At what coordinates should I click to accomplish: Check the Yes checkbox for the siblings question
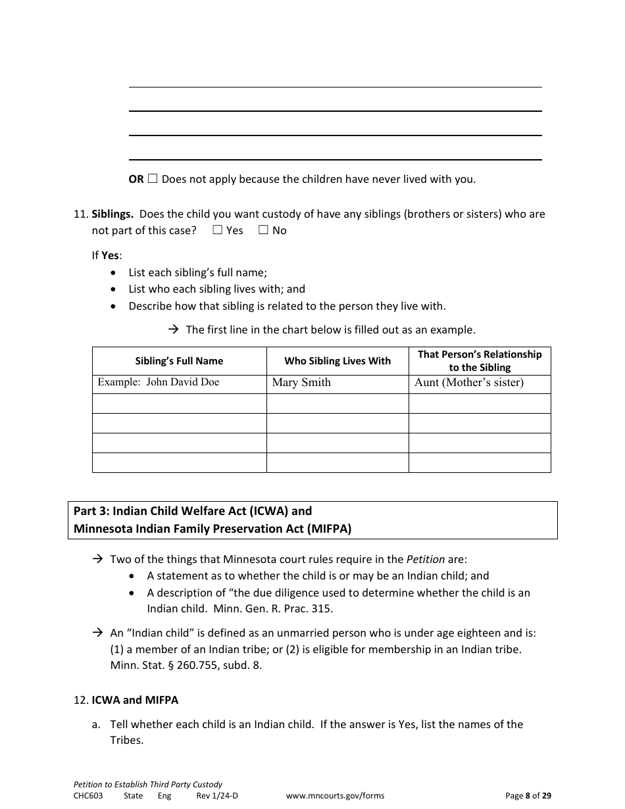coord(218,230)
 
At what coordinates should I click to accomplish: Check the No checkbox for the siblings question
coord(264,230)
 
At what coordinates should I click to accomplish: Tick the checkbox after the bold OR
coord(153,178)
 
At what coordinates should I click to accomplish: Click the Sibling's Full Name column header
coord(179,361)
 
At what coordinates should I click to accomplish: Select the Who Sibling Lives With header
coord(337,361)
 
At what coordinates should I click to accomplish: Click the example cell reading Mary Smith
coord(301,383)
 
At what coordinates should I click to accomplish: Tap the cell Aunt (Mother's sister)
coord(469,383)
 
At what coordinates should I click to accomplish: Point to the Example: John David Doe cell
coord(159,382)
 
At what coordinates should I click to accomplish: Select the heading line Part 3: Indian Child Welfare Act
coord(193,511)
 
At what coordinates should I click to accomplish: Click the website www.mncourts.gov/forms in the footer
coord(335,796)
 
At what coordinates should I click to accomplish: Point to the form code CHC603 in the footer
coord(88,796)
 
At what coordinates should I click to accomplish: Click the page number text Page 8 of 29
coord(528,796)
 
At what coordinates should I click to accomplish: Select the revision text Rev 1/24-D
coord(217,796)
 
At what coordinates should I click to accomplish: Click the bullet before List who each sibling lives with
coord(115,289)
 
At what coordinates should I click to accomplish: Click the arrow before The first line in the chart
coord(174,330)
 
